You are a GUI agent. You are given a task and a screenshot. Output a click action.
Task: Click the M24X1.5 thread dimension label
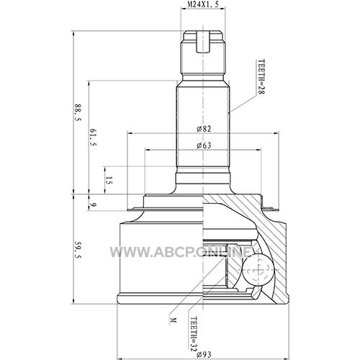click(203, 4)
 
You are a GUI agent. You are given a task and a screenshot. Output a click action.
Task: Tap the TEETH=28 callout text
click(261, 77)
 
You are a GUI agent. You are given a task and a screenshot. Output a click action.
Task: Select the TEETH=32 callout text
click(194, 334)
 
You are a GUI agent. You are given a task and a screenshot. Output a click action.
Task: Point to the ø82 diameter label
click(204, 129)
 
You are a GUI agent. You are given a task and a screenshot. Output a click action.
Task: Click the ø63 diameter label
click(204, 145)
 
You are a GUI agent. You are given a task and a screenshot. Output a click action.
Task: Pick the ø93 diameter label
click(204, 354)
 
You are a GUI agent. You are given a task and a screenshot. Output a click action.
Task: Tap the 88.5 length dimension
click(78, 112)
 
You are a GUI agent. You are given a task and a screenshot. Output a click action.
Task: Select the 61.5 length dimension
click(93, 138)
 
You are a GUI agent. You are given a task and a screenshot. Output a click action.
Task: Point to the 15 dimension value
click(109, 181)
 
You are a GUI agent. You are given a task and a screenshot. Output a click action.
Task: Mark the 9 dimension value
click(93, 204)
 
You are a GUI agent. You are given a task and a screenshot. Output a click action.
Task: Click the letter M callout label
click(173, 320)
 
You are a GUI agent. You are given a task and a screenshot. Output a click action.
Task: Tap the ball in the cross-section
click(258, 270)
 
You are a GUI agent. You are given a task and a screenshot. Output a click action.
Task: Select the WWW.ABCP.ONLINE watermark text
click(181, 252)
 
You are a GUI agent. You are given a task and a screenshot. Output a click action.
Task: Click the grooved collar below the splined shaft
click(203, 179)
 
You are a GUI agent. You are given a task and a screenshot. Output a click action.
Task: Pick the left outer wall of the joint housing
click(120, 258)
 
